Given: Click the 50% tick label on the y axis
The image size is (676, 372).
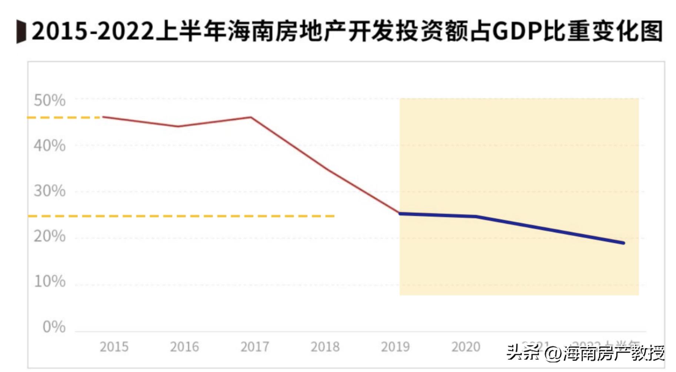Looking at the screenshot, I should pyautogui.click(x=50, y=100).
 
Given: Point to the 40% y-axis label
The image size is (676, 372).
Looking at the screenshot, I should pyautogui.click(x=50, y=146).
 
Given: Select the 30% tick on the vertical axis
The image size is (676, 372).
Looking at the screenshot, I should pyautogui.click(x=50, y=191).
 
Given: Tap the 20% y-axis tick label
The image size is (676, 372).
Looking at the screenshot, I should pyautogui.click(x=50, y=236).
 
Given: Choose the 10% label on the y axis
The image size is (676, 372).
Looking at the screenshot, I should pyautogui.click(x=50, y=282).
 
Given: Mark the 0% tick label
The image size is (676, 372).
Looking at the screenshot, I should pyautogui.click(x=54, y=327).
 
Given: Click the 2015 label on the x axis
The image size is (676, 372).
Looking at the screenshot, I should pyautogui.click(x=114, y=347).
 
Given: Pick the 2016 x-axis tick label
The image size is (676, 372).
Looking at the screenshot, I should pyautogui.click(x=184, y=347).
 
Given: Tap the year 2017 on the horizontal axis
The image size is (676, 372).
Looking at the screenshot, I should pyautogui.click(x=255, y=347).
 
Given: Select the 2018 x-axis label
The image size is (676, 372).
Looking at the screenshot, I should pyautogui.click(x=325, y=347).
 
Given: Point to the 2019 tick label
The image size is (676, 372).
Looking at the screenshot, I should pyautogui.click(x=395, y=347).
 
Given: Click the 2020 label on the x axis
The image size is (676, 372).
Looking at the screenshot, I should pyautogui.click(x=466, y=347).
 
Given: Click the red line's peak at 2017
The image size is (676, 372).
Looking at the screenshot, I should pyautogui.click(x=251, y=117).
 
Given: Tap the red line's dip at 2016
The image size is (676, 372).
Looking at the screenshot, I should pyautogui.click(x=178, y=126).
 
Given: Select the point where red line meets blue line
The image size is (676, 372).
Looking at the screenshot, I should pyautogui.click(x=400, y=213).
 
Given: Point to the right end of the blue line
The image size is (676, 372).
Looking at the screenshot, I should pyautogui.click(x=624, y=243).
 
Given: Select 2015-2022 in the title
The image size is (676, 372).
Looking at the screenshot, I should pyautogui.click(x=92, y=31).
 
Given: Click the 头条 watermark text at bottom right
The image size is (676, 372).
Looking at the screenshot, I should pyautogui.click(x=523, y=352).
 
